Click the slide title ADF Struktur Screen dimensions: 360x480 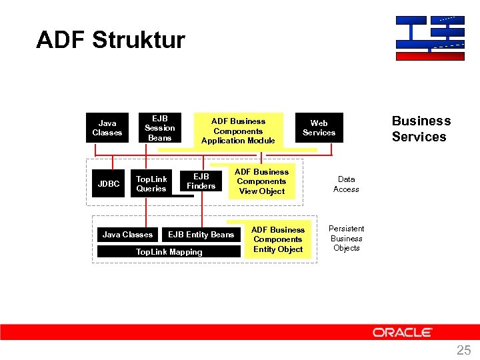click(x=111, y=40)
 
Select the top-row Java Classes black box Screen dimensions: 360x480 click(x=107, y=128)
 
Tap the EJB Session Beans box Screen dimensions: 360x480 click(x=159, y=128)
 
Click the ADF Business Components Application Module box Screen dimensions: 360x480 click(x=238, y=131)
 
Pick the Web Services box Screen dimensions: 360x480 click(x=319, y=128)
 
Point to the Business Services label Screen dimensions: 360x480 click(x=421, y=129)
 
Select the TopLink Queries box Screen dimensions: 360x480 click(x=151, y=184)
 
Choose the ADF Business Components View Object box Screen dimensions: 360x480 click(x=261, y=181)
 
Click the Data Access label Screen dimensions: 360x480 click(x=346, y=184)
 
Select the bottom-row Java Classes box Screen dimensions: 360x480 click(x=127, y=235)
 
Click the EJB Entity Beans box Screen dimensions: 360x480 click(x=201, y=235)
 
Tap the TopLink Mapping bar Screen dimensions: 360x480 click(x=169, y=252)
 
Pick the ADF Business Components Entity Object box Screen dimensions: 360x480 click(x=277, y=239)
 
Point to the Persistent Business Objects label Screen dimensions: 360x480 click(x=346, y=239)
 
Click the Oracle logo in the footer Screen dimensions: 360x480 click(x=402, y=332)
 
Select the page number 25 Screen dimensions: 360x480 click(x=463, y=350)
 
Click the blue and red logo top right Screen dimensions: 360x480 click(x=429, y=38)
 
